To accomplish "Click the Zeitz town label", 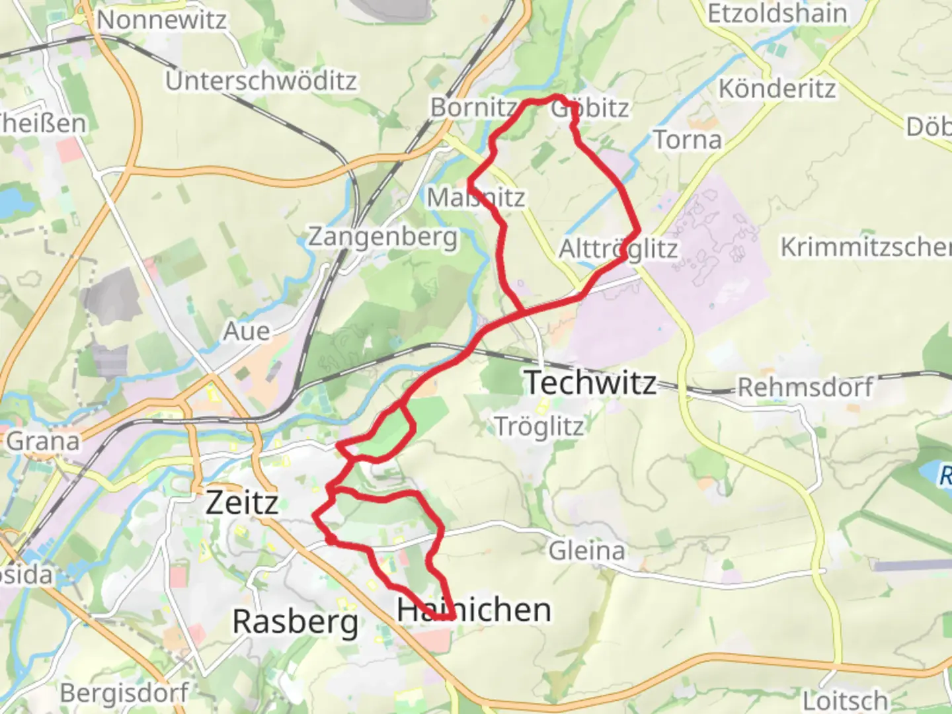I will (242, 502).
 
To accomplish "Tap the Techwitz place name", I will (590, 382).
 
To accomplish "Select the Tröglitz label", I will (539, 427).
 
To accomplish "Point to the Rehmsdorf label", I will (805, 387).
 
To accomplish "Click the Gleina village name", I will (587, 550).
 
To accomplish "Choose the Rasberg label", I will (296, 621).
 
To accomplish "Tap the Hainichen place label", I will (473, 610).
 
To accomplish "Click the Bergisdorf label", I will (124, 693).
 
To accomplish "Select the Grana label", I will (43, 441).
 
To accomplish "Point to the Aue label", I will (247, 331).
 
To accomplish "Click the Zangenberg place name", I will (383, 236).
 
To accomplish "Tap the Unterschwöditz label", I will (261, 81).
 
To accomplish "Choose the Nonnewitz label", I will (162, 20).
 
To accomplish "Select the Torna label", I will (688, 139).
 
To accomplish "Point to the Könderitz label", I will (777, 88).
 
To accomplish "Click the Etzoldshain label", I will (777, 13).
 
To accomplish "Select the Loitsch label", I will (846, 699).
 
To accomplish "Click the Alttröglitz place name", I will (618, 249).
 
